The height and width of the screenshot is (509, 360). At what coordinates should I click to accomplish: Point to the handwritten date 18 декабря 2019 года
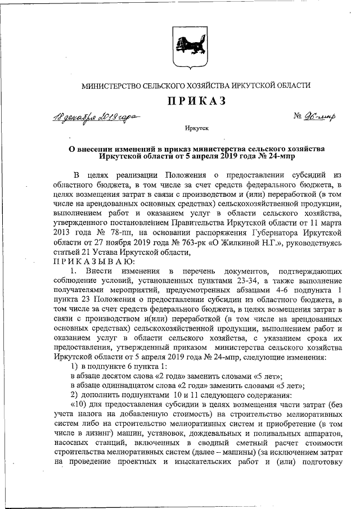point(97,118)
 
